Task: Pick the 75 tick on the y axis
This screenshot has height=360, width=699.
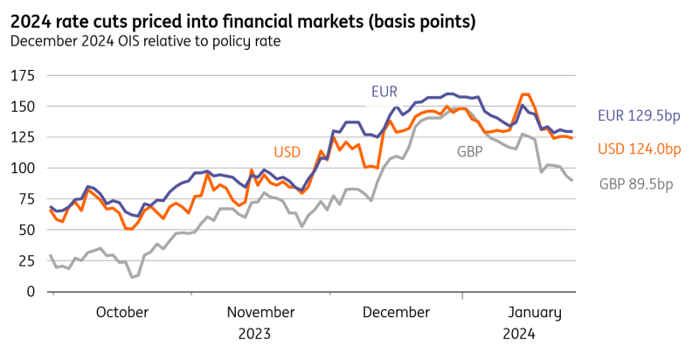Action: point(23,199)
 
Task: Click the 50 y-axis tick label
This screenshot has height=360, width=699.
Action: point(23,230)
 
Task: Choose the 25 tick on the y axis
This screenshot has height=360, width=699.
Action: point(23,260)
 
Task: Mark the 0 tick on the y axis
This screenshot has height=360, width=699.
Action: point(27,291)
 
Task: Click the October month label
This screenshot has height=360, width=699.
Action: point(121,312)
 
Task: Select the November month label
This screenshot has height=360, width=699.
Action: point(261,312)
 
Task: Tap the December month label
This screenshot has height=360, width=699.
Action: point(397,312)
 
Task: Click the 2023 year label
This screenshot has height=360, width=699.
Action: point(253,333)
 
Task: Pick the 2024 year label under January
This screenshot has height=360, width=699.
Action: point(519,333)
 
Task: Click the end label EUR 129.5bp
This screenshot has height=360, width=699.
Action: point(639,114)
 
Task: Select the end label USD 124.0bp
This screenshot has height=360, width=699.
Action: point(639,149)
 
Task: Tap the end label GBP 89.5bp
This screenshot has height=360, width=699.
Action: point(636,183)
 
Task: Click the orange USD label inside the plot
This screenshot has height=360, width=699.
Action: point(287,151)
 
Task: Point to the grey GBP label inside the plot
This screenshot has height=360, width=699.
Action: point(470,151)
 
